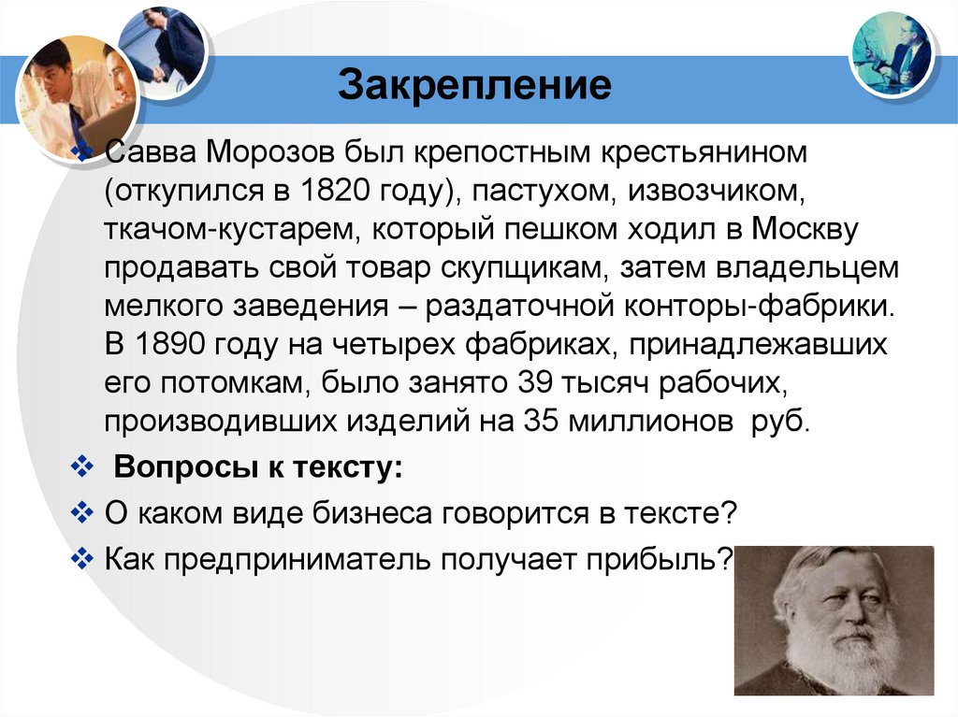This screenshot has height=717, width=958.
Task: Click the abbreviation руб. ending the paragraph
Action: click(777, 420)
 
